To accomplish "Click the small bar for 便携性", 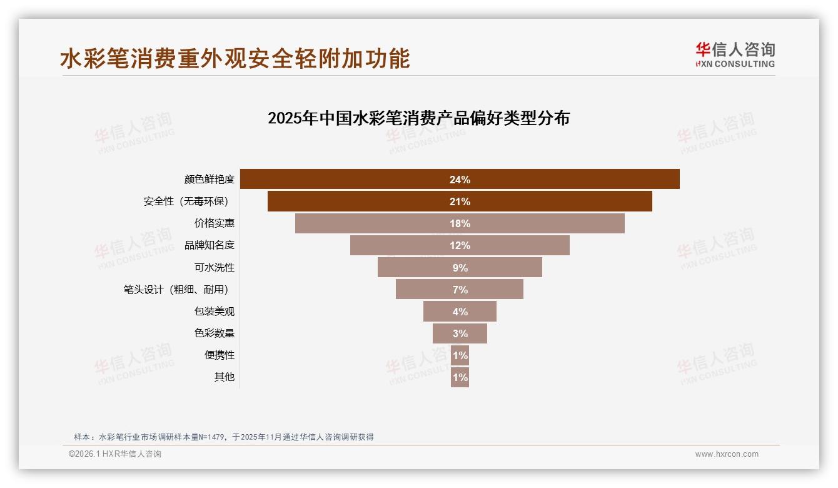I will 460,355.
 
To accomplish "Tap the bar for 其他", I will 460,377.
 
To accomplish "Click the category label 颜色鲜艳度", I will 209,180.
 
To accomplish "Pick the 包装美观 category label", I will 214,311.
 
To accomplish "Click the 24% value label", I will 460,180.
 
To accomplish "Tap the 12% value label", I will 460,245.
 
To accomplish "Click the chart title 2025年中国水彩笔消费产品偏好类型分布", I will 418,118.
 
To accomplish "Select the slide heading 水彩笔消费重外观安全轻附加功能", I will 235,58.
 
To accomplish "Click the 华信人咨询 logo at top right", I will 735,54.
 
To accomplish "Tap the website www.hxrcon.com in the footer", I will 727,454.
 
